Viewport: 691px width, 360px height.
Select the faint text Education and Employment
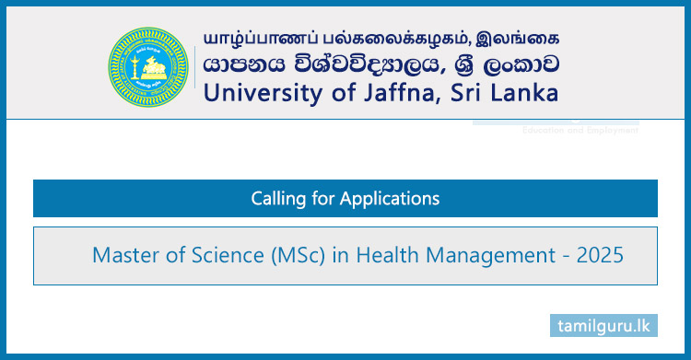pyautogui.click(x=580, y=131)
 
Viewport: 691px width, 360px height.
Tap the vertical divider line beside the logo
pyautogui.click(x=194, y=64)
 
